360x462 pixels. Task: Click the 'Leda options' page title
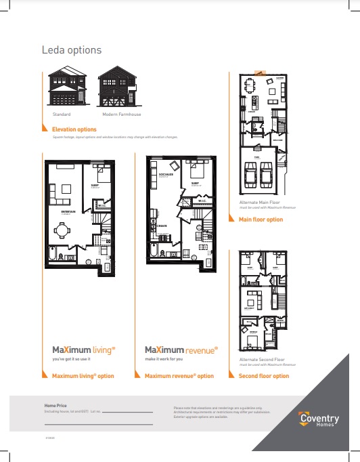click(72, 50)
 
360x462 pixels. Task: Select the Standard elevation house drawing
click(68, 89)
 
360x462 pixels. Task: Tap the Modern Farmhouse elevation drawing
click(117, 89)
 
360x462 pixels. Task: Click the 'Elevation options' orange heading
click(74, 129)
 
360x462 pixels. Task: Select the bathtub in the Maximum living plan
click(53, 256)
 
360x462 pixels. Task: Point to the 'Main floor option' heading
click(261, 219)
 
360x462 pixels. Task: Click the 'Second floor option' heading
click(264, 376)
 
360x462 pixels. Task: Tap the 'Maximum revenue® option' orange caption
click(179, 376)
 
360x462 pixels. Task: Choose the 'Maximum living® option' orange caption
click(83, 376)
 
